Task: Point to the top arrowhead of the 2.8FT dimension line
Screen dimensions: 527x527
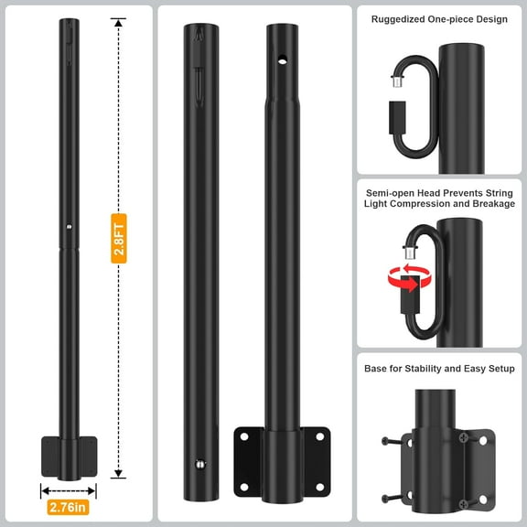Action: [x=118, y=22]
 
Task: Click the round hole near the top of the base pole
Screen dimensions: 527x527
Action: [x=281, y=61]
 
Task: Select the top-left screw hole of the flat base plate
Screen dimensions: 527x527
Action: [x=243, y=436]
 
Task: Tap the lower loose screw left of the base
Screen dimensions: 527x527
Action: [x=393, y=499]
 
